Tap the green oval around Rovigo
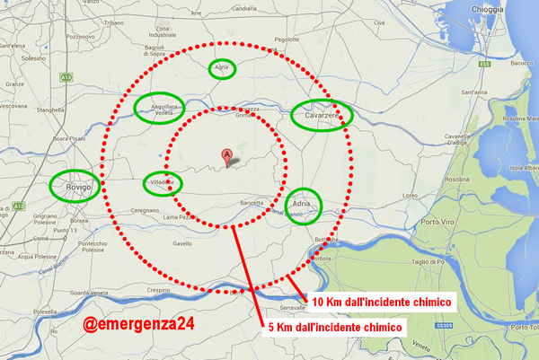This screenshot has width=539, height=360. click(x=74, y=186)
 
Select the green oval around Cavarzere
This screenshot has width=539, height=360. click(x=322, y=114)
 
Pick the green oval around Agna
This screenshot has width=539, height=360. click(x=222, y=69)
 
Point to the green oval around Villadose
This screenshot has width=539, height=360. click(x=163, y=183)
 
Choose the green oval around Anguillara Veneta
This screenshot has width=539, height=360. click(x=160, y=109)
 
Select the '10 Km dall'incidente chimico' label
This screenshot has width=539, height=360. click(x=381, y=302)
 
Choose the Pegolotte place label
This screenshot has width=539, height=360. click(x=287, y=65)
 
